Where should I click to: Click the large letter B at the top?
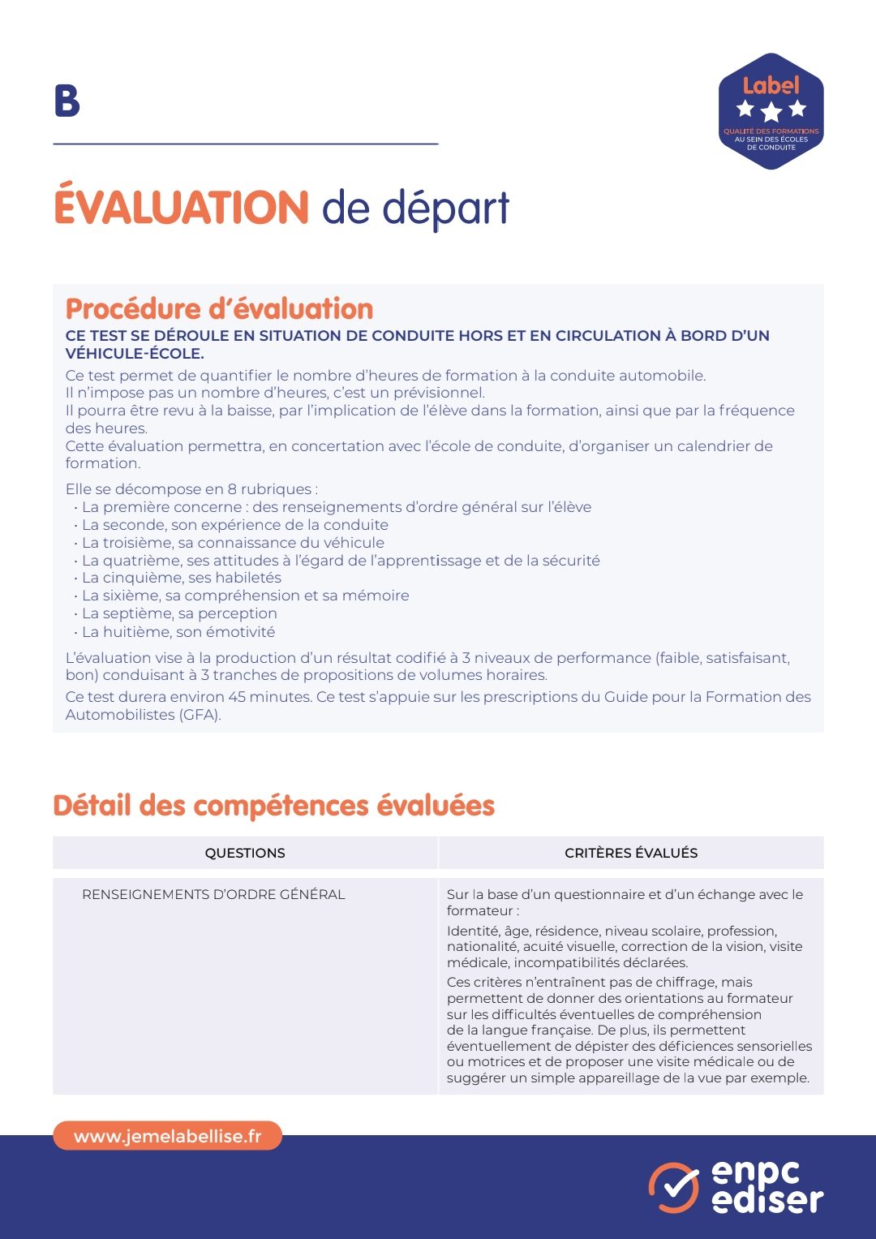67,101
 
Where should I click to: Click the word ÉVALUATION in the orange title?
181,208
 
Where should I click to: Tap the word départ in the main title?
445,209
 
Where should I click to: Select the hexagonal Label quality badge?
771,111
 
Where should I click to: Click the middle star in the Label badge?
771,110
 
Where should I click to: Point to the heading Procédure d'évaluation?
219,309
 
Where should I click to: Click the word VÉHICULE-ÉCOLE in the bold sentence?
135,354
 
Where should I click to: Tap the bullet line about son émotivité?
178,632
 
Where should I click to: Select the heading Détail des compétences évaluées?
273,806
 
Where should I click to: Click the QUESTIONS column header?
245,854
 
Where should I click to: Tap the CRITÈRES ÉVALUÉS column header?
631,854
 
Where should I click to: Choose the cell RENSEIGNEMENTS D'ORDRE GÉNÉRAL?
213,895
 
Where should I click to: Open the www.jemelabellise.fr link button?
168,1136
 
